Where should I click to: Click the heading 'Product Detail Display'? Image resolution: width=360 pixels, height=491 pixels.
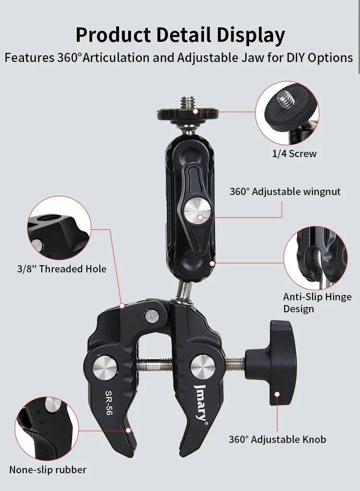[180, 36]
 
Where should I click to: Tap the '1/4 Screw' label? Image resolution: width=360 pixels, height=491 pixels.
[294, 154]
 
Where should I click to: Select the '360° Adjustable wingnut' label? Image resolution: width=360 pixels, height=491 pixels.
[285, 192]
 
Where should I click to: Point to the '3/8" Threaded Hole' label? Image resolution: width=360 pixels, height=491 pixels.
[61, 269]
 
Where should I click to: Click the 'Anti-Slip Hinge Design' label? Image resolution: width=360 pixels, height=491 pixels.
[317, 303]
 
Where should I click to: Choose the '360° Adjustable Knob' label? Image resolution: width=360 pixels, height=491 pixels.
[277, 439]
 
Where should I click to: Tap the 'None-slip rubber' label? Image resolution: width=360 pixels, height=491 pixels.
[48, 469]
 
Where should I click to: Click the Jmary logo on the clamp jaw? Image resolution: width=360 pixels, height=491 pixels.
[201, 402]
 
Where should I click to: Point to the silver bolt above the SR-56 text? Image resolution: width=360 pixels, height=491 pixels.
[106, 368]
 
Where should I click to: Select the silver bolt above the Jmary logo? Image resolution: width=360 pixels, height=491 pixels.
[203, 367]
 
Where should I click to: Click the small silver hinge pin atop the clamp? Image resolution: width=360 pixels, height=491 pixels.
[152, 316]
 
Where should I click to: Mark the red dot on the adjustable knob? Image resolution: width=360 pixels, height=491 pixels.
[277, 394]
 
